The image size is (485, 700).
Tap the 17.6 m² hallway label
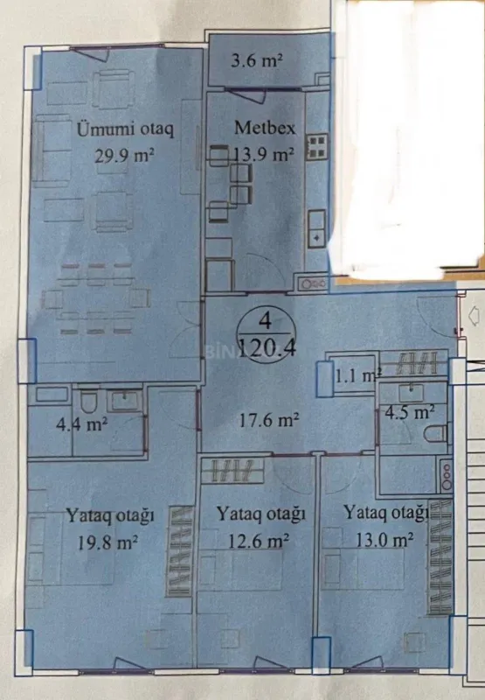[x=270, y=420]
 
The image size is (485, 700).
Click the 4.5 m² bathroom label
[x=412, y=411]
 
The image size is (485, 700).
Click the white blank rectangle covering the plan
[x=408, y=136]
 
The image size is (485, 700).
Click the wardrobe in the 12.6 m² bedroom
[x=232, y=470]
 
